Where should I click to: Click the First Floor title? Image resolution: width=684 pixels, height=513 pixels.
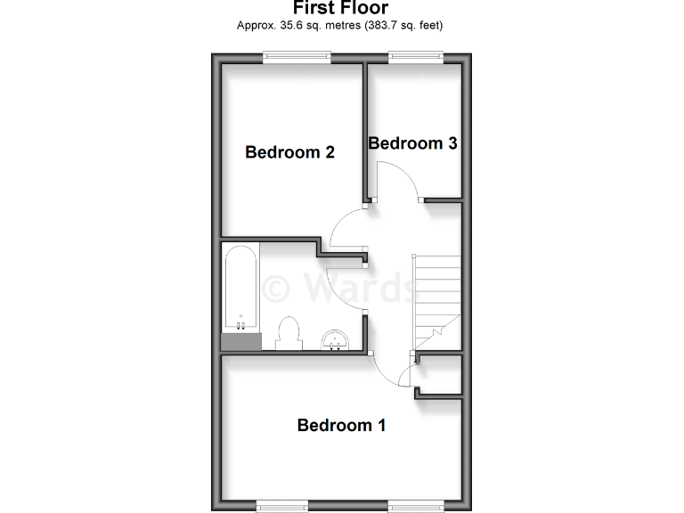[340, 9]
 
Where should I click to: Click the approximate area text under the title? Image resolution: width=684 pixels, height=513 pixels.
[340, 26]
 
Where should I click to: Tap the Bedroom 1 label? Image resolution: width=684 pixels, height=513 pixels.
[341, 425]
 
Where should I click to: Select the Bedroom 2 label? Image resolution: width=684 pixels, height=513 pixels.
[289, 152]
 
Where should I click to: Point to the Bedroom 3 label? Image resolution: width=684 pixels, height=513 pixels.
[412, 142]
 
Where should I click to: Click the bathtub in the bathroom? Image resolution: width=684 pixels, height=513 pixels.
[240, 289]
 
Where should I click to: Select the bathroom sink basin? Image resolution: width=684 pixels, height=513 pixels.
[335, 339]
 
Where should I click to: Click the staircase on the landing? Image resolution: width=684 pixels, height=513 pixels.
[436, 303]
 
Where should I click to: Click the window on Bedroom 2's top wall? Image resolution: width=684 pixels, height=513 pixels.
[297, 58]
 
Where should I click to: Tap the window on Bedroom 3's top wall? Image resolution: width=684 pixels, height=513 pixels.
[415, 58]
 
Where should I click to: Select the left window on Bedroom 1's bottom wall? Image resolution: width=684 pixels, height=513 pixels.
[281, 506]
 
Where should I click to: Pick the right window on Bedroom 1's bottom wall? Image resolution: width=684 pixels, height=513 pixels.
[414, 506]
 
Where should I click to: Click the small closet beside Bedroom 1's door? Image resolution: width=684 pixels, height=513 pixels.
[442, 375]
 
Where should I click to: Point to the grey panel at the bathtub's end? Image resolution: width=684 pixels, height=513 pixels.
[240, 341]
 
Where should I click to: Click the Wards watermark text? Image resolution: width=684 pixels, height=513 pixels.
[341, 288]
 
